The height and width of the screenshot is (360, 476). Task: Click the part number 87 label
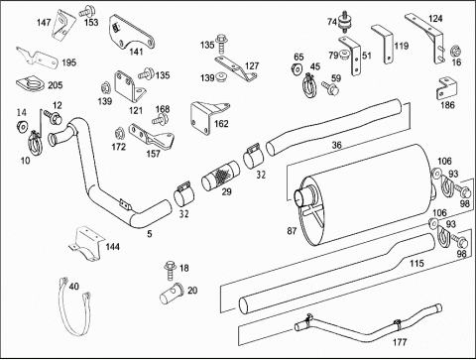coord(292,231)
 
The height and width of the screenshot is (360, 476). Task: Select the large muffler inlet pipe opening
coord(300,197)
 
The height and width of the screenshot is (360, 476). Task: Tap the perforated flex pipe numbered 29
coord(221,176)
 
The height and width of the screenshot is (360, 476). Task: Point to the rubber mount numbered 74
coord(344,22)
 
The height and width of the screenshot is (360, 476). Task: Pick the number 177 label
coord(400,342)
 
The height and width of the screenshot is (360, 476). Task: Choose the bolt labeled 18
coord(171,271)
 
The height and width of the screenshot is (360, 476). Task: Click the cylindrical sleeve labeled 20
coord(173,294)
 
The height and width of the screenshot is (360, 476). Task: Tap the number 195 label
coord(68,62)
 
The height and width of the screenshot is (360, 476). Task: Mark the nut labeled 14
coord(23,126)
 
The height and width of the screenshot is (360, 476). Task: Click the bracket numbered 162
coord(208,117)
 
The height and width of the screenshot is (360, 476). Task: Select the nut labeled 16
coord(456,51)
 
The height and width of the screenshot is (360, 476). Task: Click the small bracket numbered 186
coord(447,88)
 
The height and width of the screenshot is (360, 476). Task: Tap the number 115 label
coord(416,263)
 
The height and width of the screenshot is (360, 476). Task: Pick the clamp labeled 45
coord(309,86)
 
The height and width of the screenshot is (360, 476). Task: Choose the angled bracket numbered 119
coord(384,43)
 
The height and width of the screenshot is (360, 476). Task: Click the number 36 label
coord(336,145)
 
